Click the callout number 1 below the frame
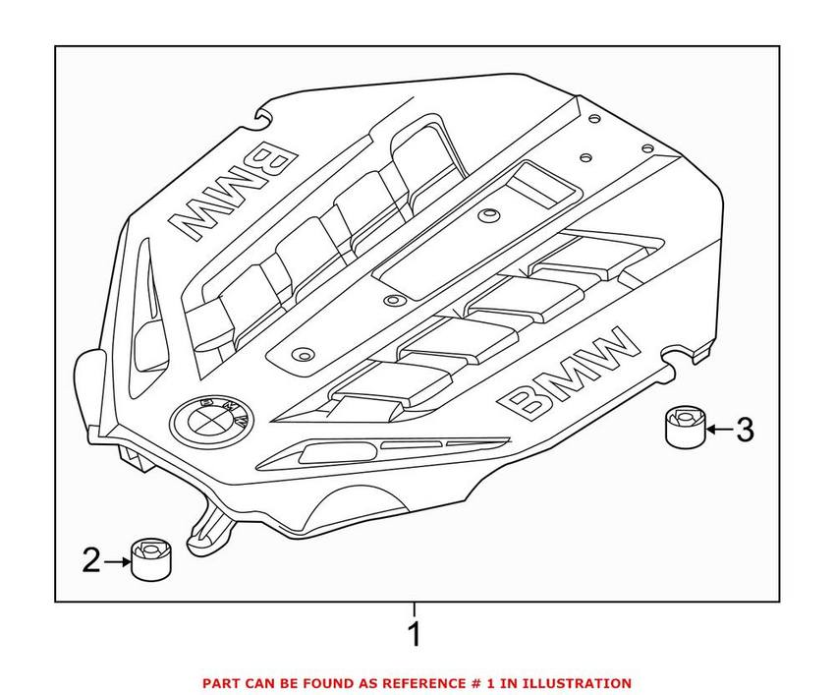pos(415,634)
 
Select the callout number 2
pos(90,561)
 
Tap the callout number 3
pos(745,430)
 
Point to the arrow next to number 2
pos(117,562)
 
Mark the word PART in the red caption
pos(221,683)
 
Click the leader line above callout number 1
pos(415,608)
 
